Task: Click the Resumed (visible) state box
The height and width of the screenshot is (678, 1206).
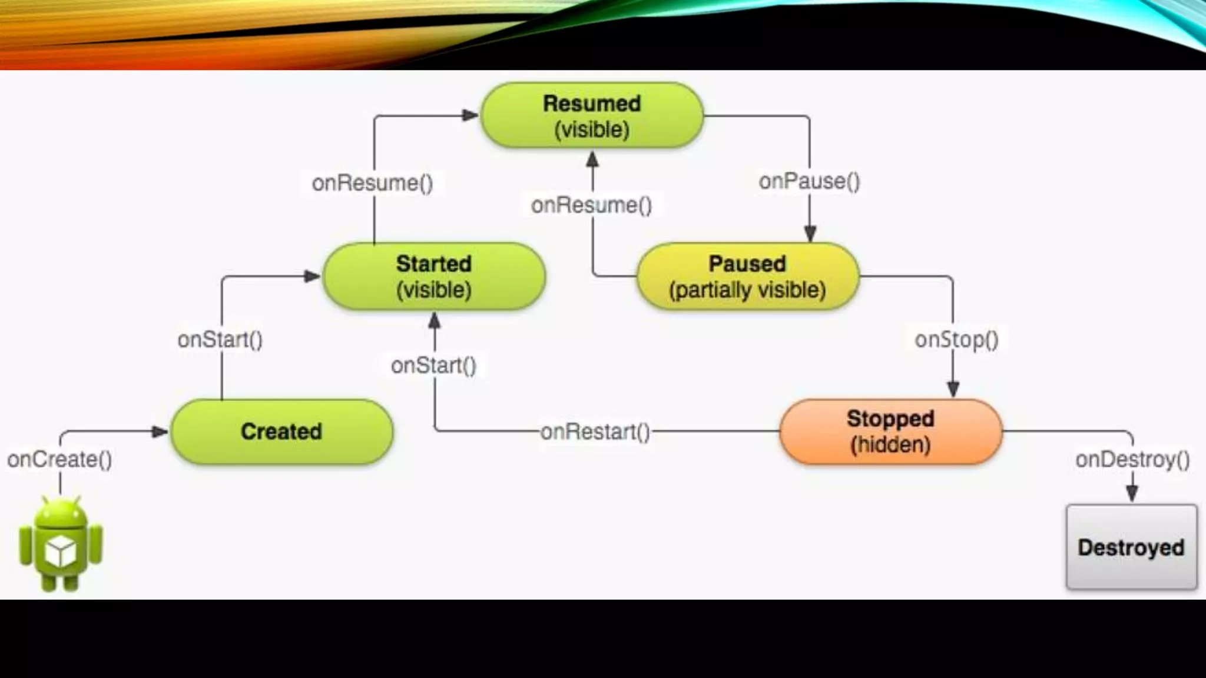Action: tap(592, 116)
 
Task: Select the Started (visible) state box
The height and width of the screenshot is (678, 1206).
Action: tap(434, 277)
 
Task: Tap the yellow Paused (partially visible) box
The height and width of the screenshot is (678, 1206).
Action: tap(747, 277)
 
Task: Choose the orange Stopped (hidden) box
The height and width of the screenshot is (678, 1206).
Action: tap(890, 431)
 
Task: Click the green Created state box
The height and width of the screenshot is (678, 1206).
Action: tap(281, 431)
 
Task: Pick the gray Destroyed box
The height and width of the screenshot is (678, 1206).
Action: tap(1131, 547)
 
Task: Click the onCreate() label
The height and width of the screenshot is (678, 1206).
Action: tap(59, 459)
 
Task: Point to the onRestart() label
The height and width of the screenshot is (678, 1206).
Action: tap(595, 431)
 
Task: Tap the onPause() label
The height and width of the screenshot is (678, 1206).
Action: tap(809, 181)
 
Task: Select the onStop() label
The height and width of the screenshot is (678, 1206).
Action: tap(956, 340)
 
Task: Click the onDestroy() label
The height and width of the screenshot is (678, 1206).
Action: tap(1132, 459)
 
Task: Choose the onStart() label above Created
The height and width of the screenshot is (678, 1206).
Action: tap(220, 340)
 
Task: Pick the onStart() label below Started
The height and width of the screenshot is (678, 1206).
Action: tap(434, 365)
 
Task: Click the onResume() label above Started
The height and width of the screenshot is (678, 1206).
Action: tap(372, 183)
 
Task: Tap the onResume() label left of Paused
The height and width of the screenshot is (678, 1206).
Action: tap(592, 205)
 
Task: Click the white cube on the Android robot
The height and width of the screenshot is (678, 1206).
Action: tap(61, 551)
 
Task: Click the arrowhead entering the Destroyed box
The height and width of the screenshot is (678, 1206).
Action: tap(1132, 493)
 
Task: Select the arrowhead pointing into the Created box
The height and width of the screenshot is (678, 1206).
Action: tap(160, 431)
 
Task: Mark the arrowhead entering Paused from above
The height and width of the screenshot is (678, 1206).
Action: tap(810, 234)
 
